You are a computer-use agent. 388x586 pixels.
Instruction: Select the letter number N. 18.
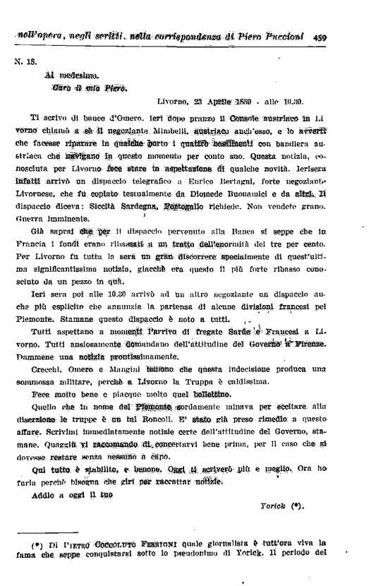(25, 61)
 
